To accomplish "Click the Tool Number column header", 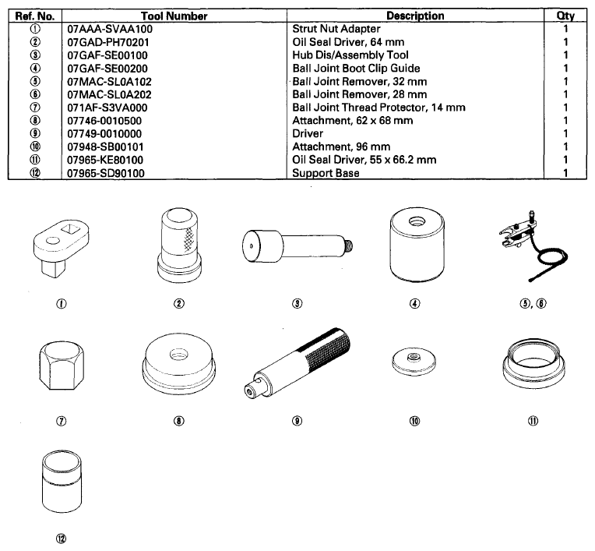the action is pos(174,16).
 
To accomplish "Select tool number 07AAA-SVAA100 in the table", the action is pos(110,29).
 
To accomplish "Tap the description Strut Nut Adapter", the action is pos(336,29).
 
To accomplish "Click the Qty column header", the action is pos(565,16).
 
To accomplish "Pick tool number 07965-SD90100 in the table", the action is pos(106,173).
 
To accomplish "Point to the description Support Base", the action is pos(326,173).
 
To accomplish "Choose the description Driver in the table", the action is pos(308,134).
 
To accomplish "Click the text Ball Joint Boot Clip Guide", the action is pos(356,69).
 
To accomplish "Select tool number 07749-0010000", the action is pos(104,134).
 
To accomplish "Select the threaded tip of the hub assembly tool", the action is pos(349,246).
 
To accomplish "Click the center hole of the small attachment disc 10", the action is pos(414,357).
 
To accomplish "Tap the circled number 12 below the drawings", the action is pos(61,539).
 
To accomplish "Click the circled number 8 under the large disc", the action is pos(179,421).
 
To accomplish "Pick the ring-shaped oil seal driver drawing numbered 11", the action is pos(533,364).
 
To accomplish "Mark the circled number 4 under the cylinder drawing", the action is pos(415,303).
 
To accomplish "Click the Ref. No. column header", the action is pos(35,16).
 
